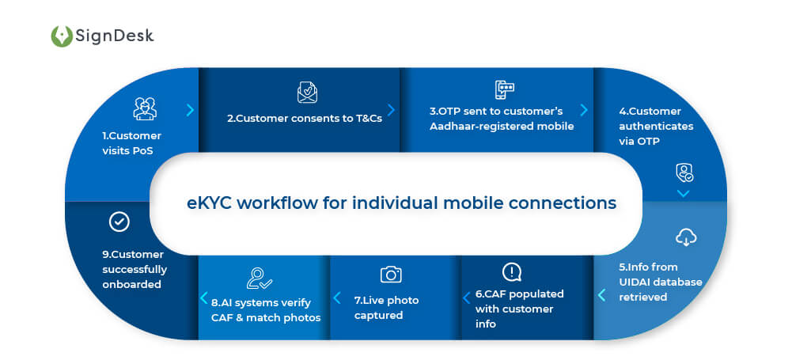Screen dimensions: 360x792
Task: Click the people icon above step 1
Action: (x=145, y=108)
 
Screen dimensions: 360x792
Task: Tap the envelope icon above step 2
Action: (x=307, y=93)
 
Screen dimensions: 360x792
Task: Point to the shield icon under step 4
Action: (x=684, y=172)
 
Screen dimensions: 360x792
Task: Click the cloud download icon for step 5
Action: (x=685, y=237)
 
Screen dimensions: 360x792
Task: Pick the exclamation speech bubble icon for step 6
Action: (x=512, y=272)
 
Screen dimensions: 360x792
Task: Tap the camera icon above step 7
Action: (x=391, y=274)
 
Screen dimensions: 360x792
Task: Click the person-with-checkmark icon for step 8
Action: (x=259, y=278)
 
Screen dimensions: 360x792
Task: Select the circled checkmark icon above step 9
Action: (x=119, y=222)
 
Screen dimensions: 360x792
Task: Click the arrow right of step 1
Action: (x=190, y=110)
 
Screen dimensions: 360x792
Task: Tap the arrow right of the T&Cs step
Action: (x=391, y=110)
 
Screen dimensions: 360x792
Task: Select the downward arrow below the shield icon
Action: (x=684, y=193)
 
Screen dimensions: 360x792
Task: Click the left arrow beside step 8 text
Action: (x=204, y=299)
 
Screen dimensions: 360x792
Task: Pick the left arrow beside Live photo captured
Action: (x=337, y=298)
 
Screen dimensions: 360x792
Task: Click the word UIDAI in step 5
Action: (x=637, y=282)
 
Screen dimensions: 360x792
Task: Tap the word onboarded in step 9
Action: (x=131, y=284)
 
